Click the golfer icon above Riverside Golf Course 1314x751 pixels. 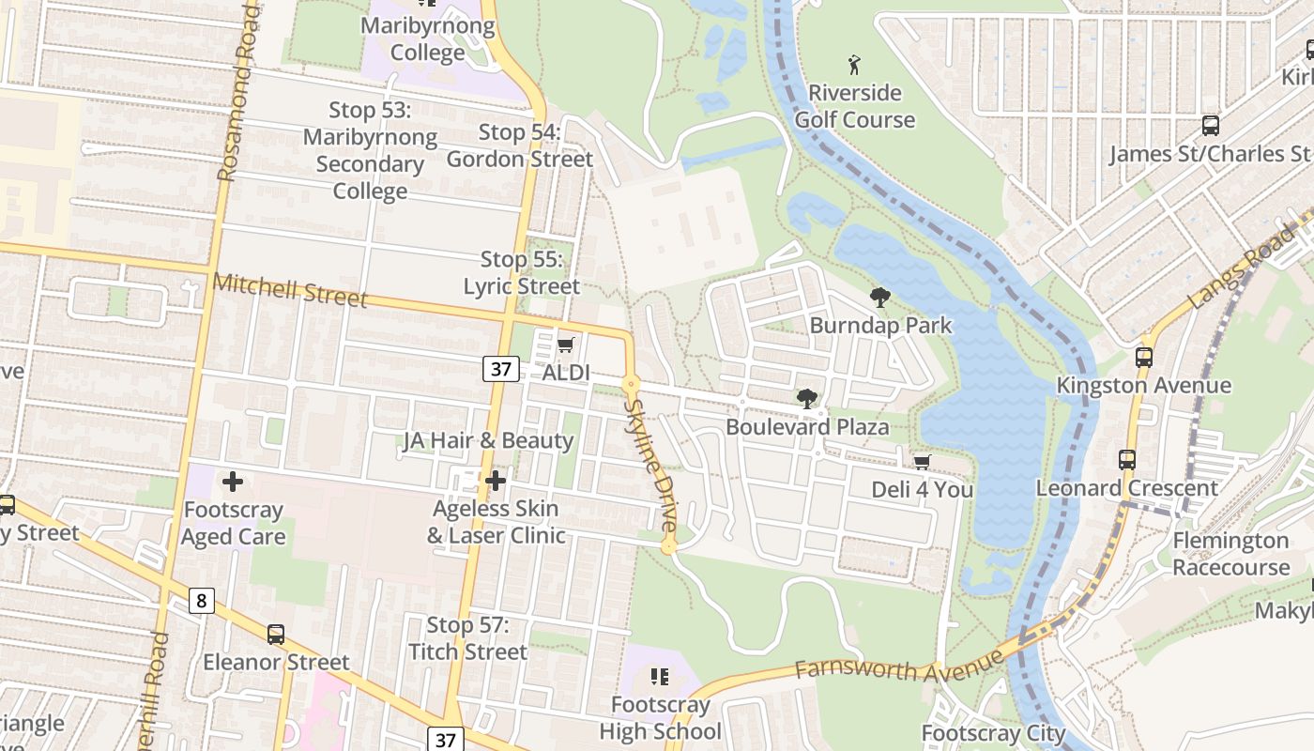[854, 65]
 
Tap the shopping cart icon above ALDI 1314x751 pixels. [565, 345]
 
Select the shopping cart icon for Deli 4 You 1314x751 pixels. [922, 462]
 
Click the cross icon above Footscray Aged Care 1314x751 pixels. [233, 483]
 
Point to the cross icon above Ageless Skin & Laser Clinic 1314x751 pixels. [496, 482]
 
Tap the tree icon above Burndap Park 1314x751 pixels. [880, 299]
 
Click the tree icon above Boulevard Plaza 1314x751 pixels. [806, 399]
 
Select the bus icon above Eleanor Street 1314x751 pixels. [276, 635]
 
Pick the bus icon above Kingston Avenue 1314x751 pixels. [1143, 358]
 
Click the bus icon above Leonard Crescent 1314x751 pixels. [1127, 460]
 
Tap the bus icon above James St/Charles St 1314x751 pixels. [1211, 126]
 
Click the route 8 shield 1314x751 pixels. [202, 600]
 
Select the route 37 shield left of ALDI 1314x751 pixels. [501, 369]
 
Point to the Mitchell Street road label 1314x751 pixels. [289, 291]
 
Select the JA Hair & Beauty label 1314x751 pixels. [488, 440]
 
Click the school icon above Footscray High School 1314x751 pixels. [660, 677]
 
